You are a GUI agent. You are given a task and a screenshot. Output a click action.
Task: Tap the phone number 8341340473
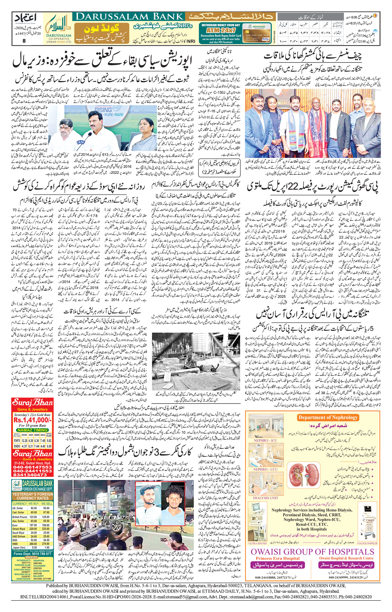click(x=33, y=475)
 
